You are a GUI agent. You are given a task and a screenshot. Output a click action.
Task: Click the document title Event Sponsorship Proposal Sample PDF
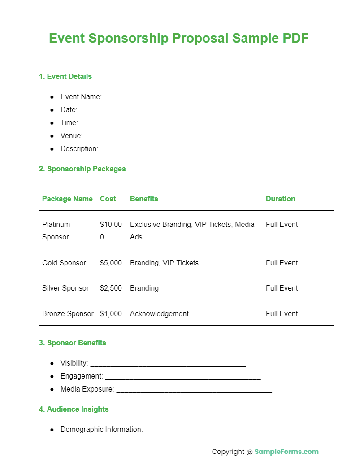(x=178, y=38)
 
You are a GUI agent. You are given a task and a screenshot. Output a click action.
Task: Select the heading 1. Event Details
(x=65, y=76)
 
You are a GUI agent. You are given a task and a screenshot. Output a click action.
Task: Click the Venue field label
(x=71, y=135)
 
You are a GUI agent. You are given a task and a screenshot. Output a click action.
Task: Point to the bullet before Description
(x=52, y=148)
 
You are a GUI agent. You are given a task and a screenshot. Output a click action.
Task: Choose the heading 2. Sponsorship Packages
(x=82, y=169)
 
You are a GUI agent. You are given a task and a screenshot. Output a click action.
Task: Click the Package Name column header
(x=67, y=199)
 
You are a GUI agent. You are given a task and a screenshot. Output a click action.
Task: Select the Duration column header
(x=280, y=199)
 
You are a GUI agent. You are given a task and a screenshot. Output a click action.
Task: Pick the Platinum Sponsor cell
(x=56, y=230)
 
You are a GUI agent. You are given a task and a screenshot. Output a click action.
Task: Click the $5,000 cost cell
(x=111, y=262)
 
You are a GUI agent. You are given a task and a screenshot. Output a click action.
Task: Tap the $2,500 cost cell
(x=111, y=288)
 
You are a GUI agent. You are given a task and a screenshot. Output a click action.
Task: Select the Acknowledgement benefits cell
(x=159, y=313)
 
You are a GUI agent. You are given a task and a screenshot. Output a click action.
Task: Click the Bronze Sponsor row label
(x=68, y=313)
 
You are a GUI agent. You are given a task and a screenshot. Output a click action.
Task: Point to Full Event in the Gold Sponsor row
(x=282, y=262)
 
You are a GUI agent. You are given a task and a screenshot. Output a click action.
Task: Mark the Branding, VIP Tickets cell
(x=164, y=262)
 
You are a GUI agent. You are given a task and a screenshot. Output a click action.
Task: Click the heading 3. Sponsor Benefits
(x=73, y=343)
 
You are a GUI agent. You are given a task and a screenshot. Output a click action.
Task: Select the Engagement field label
(x=82, y=376)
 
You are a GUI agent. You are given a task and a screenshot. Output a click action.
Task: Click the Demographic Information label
(x=101, y=429)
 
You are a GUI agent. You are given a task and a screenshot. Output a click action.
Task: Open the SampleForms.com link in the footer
(x=286, y=452)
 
